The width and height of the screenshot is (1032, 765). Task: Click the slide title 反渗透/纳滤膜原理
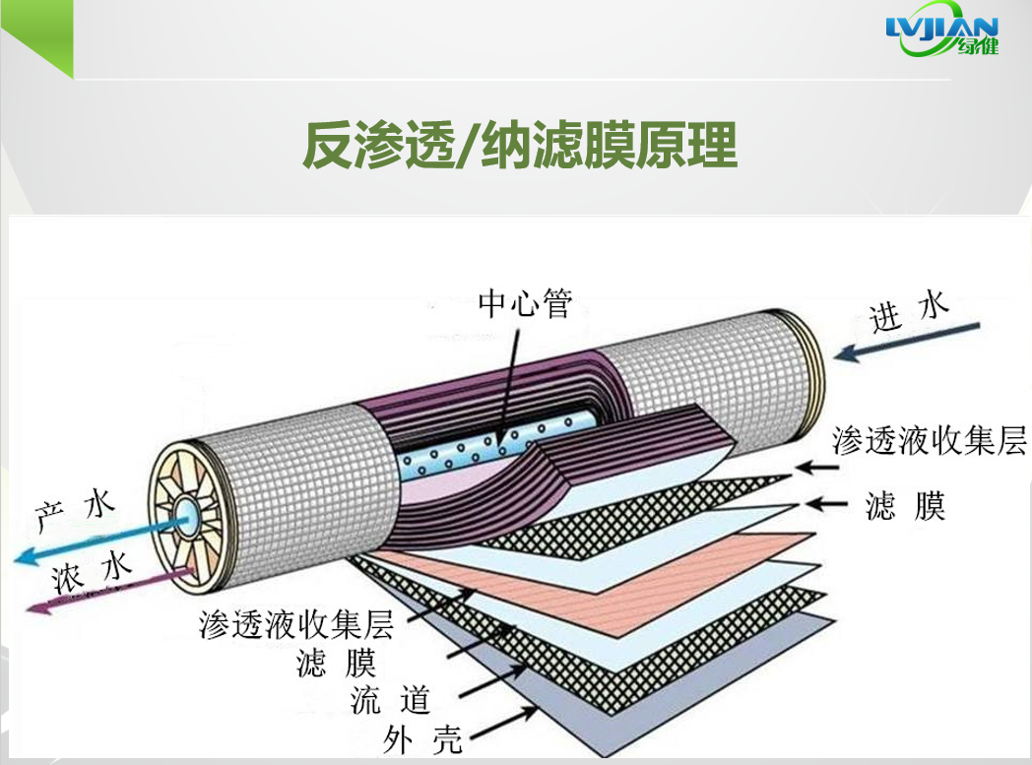tap(520, 145)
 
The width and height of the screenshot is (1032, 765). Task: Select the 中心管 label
tap(524, 303)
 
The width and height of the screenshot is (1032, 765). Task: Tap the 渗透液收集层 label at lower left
tap(296, 623)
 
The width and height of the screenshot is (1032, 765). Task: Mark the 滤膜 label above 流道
tap(336, 662)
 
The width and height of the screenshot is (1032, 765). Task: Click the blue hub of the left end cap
tap(186, 512)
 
